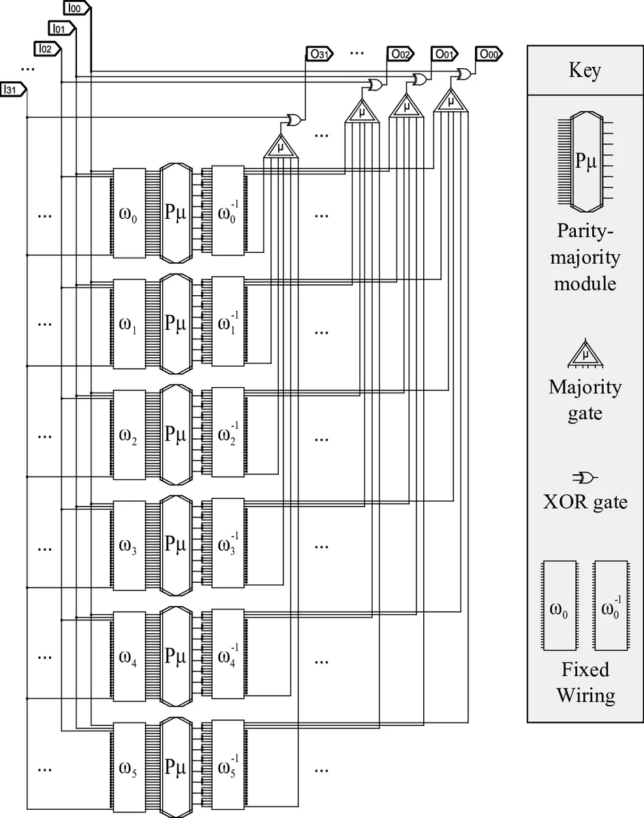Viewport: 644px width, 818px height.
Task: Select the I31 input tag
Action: pyautogui.click(x=13, y=89)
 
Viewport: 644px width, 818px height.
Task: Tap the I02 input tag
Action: pyautogui.click(x=46, y=48)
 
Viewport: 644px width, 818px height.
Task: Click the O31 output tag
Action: pyautogui.click(x=318, y=55)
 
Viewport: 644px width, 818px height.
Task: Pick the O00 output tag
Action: pyautogui.click(x=491, y=55)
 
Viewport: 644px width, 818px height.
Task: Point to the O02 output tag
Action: pyautogui.click(x=399, y=55)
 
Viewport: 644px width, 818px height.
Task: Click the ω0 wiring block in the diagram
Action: pyautogui.click(x=129, y=213)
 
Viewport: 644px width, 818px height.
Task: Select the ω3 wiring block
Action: pyautogui.click(x=129, y=546)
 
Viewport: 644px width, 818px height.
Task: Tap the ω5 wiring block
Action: pyautogui.click(x=129, y=768)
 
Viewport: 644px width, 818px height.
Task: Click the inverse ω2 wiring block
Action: pyautogui.click(x=228, y=435)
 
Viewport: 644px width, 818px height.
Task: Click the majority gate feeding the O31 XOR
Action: pyautogui.click(x=280, y=147)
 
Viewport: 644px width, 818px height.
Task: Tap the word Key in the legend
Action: pyautogui.click(x=585, y=70)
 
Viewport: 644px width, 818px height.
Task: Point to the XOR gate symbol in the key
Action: pyautogui.click(x=585, y=476)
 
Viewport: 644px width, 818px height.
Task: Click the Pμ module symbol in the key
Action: pyautogui.click(x=586, y=162)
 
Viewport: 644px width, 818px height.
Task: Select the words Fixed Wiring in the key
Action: pyautogui.click(x=585, y=682)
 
